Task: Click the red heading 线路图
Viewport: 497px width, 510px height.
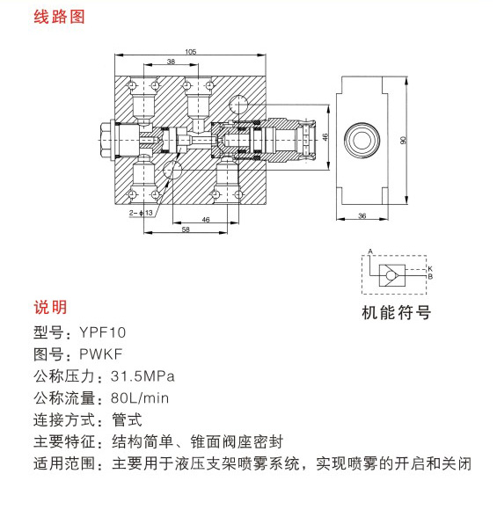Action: tap(59, 17)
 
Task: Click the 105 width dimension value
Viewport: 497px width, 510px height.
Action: tap(190, 52)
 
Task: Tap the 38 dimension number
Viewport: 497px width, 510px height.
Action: tap(171, 62)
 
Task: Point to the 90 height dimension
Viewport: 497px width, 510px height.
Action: tap(403, 140)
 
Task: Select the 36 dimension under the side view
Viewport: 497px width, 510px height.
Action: tap(362, 215)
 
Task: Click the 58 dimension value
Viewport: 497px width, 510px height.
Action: tap(186, 229)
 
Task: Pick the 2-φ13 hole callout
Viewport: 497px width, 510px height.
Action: tap(141, 213)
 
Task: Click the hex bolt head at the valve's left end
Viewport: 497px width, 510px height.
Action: tap(106, 141)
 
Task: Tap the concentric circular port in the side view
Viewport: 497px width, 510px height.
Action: tap(362, 140)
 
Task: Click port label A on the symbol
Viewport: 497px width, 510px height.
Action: tap(370, 251)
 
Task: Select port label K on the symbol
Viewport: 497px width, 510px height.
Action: tap(430, 269)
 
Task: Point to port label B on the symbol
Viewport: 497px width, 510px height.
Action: tap(430, 276)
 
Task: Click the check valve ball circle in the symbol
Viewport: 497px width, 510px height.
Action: tap(391, 276)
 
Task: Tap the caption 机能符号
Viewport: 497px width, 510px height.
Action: tap(397, 312)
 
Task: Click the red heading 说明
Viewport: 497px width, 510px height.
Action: tap(50, 307)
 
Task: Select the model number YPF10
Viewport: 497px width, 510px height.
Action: tap(103, 332)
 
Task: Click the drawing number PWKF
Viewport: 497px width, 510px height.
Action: tap(101, 353)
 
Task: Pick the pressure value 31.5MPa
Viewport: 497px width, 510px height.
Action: tap(143, 376)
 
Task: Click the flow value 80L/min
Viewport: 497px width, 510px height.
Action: tap(140, 398)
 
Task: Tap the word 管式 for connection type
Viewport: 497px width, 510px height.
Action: tap(127, 419)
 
